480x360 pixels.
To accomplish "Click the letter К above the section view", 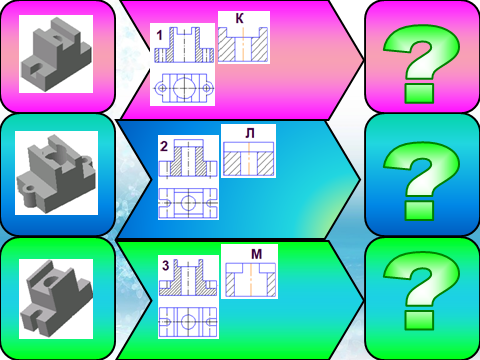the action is point(239,19).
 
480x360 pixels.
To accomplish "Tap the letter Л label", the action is point(250,133).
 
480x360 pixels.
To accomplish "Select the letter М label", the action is point(256,254).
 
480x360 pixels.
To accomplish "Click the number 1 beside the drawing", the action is point(160,35).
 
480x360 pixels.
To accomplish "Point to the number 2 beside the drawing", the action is point(164,146).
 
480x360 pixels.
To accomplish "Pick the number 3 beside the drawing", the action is point(166,265).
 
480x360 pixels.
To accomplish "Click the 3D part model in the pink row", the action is point(56,54).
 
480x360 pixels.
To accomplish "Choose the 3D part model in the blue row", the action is point(57,173).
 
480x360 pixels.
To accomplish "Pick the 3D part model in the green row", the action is point(56,299).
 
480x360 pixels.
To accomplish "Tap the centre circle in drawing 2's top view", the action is point(189,203).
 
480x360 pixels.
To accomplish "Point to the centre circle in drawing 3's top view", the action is point(188,322).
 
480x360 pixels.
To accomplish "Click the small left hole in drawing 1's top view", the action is point(162,88).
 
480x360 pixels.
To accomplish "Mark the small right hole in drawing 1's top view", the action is point(207,88).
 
